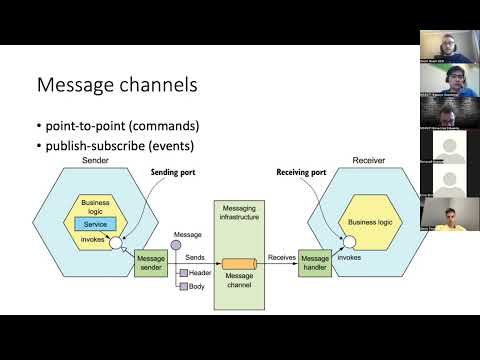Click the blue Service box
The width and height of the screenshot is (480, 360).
96,223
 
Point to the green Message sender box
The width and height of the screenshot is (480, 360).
150,262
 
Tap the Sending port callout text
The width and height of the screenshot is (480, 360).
173,172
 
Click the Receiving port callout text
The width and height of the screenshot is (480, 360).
301,172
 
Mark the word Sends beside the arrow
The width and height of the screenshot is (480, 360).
195,257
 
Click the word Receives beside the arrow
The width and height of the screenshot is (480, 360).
281,257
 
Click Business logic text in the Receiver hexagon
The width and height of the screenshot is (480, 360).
374,221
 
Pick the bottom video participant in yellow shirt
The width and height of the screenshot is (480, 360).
447,214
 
